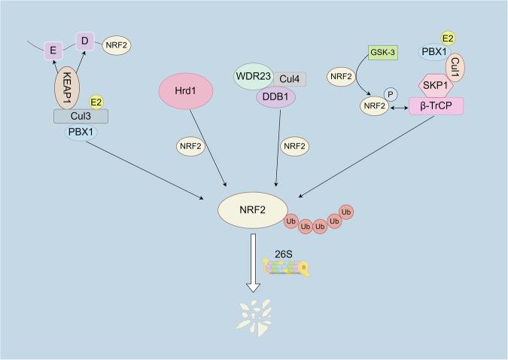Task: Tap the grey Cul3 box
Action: tap(81, 116)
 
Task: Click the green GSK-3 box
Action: tap(384, 53)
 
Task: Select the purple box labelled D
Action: tap(84, 37)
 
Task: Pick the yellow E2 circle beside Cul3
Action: tap(96, 101)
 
